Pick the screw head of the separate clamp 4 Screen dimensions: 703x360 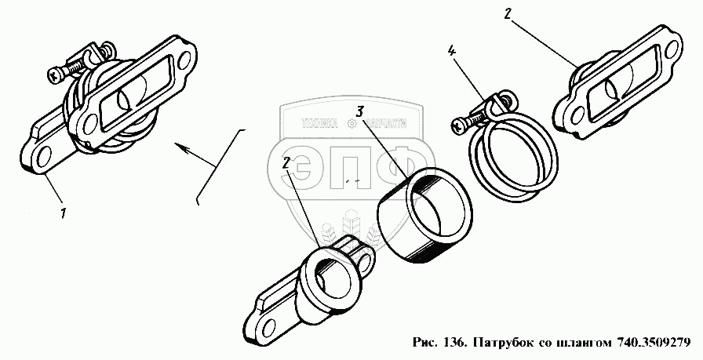pyautogui.click(x=458, y=123)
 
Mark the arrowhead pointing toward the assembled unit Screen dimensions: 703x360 pyautogui.click(x=179, y=146)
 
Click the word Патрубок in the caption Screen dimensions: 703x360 pyautogui.click(x=500, y=342)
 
